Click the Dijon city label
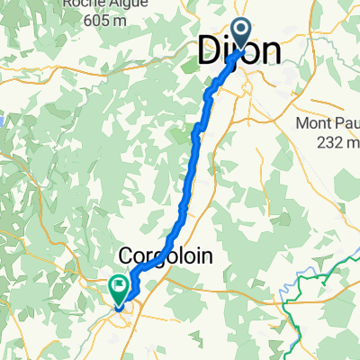238,53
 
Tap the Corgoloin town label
166,256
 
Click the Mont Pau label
328,124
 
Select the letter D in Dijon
207,53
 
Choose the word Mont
315,124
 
